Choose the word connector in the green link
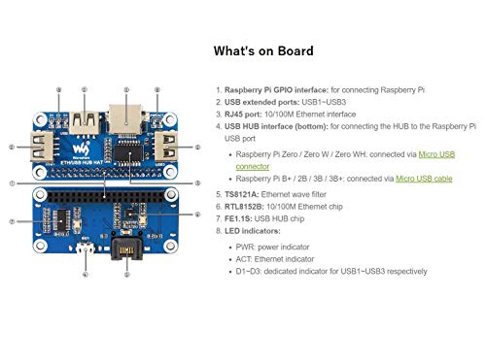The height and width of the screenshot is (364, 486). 255,166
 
